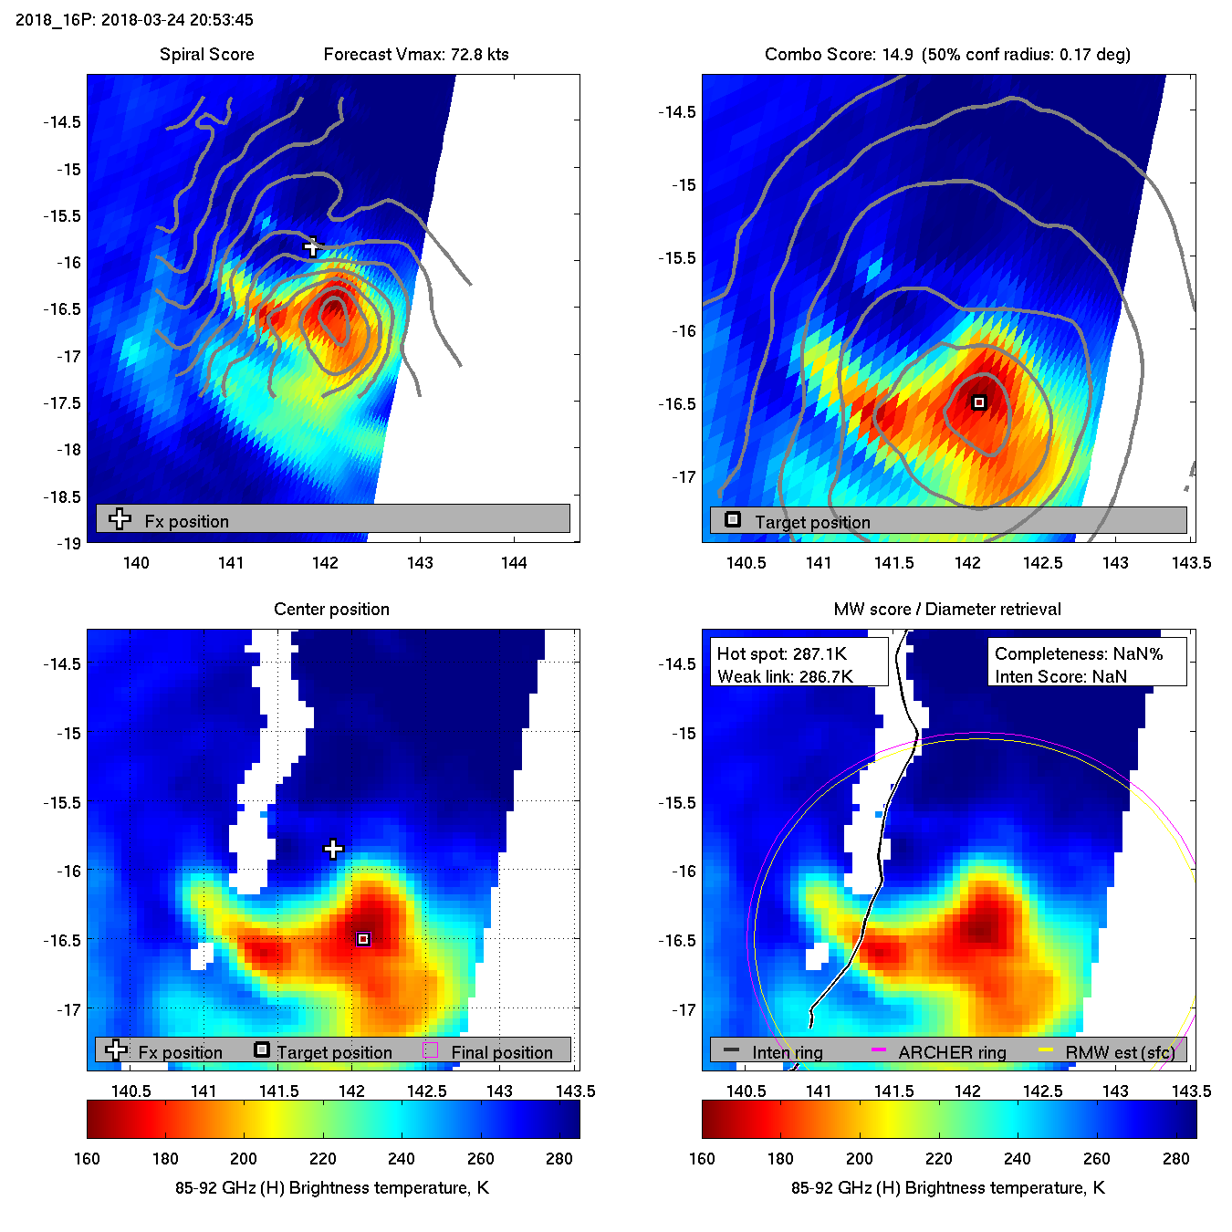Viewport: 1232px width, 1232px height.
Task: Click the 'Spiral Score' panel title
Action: click(x=206, y=55)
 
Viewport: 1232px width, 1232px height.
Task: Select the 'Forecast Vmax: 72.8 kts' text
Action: click(x=416, y=55)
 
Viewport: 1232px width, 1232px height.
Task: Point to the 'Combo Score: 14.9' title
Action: click(x=839, y=55)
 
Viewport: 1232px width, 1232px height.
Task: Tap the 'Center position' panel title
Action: click(x=331, y=610)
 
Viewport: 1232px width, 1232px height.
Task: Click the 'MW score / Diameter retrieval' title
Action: click(x=947, y=610)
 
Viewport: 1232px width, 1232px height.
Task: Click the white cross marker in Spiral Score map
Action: click(x=313, y=246)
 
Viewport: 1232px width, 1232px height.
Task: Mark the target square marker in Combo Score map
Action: click(x=979, y=402)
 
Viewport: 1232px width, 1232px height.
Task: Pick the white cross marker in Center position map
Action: click(x=333, y=850)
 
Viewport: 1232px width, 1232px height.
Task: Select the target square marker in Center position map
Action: click(x=363, y=939)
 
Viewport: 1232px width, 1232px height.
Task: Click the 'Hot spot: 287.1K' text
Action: click(x=781, y=654)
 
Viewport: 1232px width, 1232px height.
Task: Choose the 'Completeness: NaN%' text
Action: click(x=1079, y=654)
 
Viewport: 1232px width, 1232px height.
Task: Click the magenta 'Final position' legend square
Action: click(x=431, y=1050)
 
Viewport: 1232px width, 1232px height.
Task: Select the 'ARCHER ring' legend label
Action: click(x=952, y=1053)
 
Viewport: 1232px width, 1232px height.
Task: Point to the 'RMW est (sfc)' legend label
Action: click(x=1120, y=1053)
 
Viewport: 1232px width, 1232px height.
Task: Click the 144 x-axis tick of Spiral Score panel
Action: click(x=514, y=563)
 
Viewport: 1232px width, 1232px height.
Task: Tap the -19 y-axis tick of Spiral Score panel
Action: click(x=68, y=544)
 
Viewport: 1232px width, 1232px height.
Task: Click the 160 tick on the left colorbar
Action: click(x=88, y=1159)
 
